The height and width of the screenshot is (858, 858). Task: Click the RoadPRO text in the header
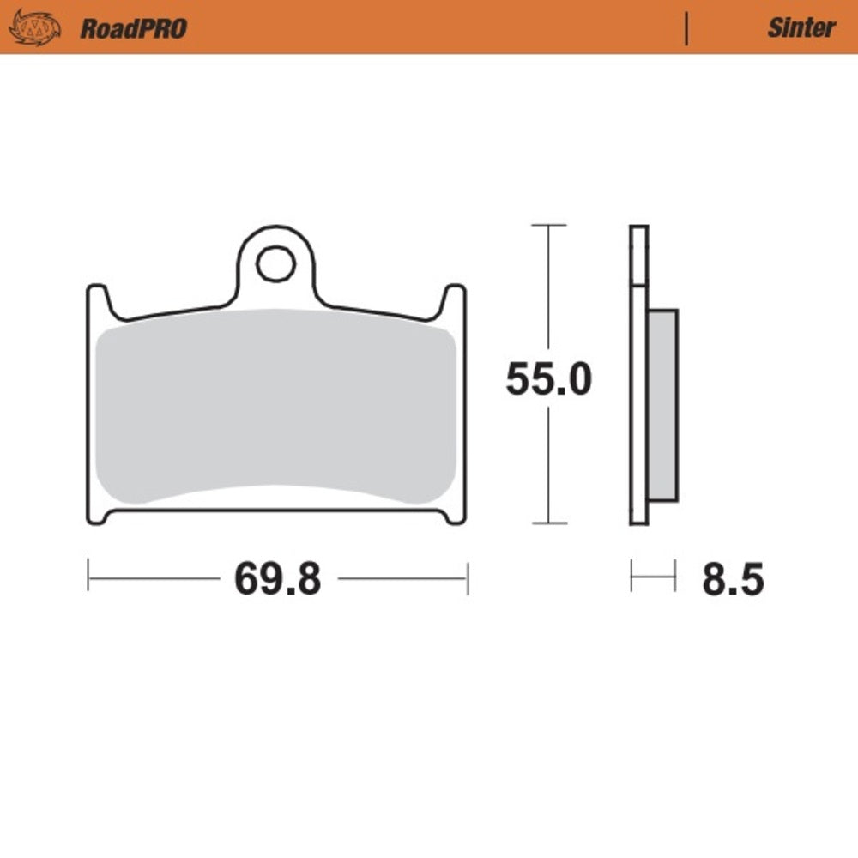(133, 28)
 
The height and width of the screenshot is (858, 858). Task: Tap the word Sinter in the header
(801, 27)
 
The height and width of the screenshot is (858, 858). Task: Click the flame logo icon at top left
(35, 27)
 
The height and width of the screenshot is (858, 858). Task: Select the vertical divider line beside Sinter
(686, 27)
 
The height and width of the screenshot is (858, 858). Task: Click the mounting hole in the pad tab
(275, 263)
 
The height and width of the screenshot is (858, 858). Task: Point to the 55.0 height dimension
(548, 379)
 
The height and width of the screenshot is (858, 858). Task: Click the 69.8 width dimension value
(278, 580)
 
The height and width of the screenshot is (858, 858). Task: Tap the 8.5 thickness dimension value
(732, 580)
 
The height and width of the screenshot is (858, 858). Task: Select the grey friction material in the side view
(662, 405)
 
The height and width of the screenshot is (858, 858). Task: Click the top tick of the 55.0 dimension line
(548, 225)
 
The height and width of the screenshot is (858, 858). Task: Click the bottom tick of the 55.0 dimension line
(548, 523)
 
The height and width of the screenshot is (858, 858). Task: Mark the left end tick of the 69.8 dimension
(88, 577)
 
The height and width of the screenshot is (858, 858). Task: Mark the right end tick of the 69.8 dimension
(467, 577)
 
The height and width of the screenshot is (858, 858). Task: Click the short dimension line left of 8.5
(653, 576)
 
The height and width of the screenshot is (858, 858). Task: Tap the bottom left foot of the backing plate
(98, 516)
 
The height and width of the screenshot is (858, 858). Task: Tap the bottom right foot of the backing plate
(455, 516)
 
